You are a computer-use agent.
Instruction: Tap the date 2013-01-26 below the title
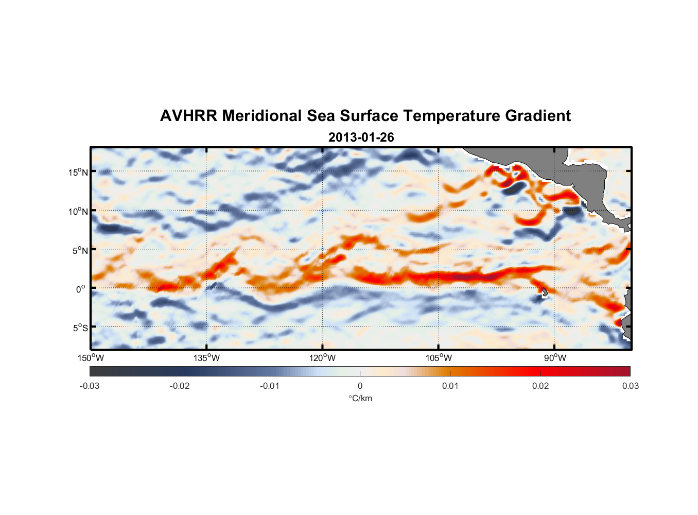click(361, 138)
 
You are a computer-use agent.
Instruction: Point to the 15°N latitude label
click(78, 172)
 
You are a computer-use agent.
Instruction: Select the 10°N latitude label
click(78, 211)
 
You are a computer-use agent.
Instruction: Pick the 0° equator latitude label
click(81, 289)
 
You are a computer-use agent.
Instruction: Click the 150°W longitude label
click(91, 358)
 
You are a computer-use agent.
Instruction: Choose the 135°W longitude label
click(206, 358)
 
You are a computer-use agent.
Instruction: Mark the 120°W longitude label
click(322, 358)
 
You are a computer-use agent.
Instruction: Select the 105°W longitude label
click(439, 358)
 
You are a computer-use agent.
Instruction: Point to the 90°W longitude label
click(555, 358)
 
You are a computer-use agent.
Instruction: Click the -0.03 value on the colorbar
click(90, 386)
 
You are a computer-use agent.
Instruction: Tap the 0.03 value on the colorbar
click(630, 386)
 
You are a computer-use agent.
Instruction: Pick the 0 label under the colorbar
click(360, 386)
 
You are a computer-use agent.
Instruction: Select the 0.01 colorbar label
click(450, 386)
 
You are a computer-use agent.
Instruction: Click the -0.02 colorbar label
click(180, 386)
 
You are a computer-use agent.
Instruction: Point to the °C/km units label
click(360, 398)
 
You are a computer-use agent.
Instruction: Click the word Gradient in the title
click(538, 116)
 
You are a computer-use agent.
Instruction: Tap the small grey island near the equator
click(545, 292)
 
